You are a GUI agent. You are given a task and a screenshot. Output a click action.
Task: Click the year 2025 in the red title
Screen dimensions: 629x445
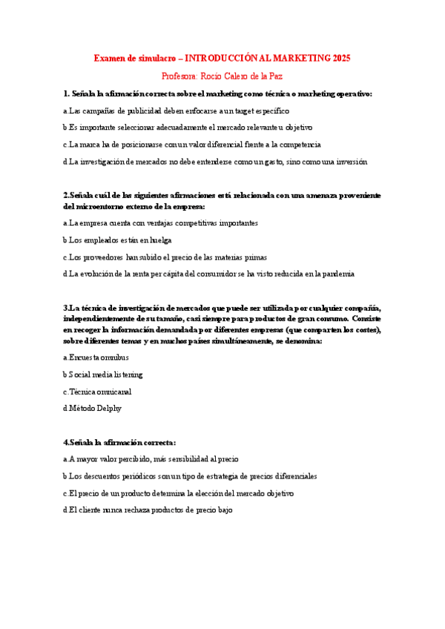pos(342,58)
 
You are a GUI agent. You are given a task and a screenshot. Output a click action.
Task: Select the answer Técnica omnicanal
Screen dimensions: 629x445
pos(94,391)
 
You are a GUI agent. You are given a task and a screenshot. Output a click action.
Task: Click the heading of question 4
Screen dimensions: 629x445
pos(119,442)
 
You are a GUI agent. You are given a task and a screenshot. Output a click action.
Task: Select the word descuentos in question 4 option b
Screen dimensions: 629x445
pos(99,476)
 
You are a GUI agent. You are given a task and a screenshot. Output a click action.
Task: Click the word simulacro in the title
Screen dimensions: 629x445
pos(155,58)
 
